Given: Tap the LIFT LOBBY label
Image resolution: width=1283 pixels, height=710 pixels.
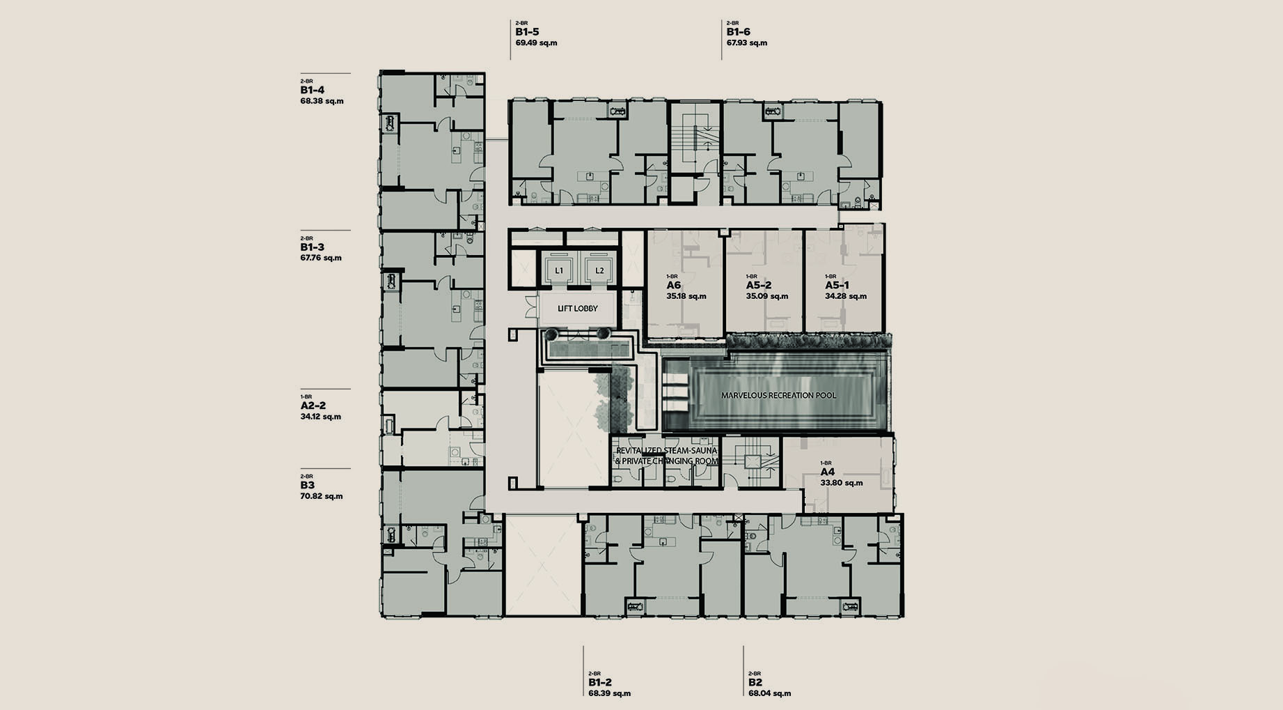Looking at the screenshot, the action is coord(578,309).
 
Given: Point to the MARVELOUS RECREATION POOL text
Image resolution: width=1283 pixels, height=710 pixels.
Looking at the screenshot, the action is coord(779,395).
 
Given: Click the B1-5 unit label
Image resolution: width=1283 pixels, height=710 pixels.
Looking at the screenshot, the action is coord(527,32).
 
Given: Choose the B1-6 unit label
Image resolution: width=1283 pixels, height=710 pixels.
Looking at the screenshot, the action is coord(739,32).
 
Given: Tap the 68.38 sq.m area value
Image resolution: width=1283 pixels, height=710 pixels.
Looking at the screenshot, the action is coord(322,101).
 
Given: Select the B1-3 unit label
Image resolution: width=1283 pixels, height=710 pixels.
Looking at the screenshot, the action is coord(313,247).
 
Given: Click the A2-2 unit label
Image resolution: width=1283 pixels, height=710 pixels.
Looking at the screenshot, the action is coord(313,406).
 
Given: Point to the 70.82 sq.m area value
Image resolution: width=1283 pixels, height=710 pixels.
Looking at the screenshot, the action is coord(322,496).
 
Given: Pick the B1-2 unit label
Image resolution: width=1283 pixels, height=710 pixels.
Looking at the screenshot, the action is coord(600,683).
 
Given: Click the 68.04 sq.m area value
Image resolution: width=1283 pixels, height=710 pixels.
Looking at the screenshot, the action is coord(769,693).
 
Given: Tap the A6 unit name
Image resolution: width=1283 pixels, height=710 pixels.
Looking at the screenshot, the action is coord(673,286).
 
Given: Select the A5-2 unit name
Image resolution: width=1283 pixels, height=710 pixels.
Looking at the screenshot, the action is coord(759,286).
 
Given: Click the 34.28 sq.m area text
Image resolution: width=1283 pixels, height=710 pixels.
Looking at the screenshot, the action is coord(846,296).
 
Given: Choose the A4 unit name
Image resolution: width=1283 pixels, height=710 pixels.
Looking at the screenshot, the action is coord(827,472).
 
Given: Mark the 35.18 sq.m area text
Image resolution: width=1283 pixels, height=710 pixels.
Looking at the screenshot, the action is coord(686,296).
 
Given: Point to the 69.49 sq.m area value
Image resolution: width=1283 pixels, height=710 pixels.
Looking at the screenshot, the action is coord(536,43).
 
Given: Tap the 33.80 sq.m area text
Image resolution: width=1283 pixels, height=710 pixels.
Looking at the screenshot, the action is coord(842,483).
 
